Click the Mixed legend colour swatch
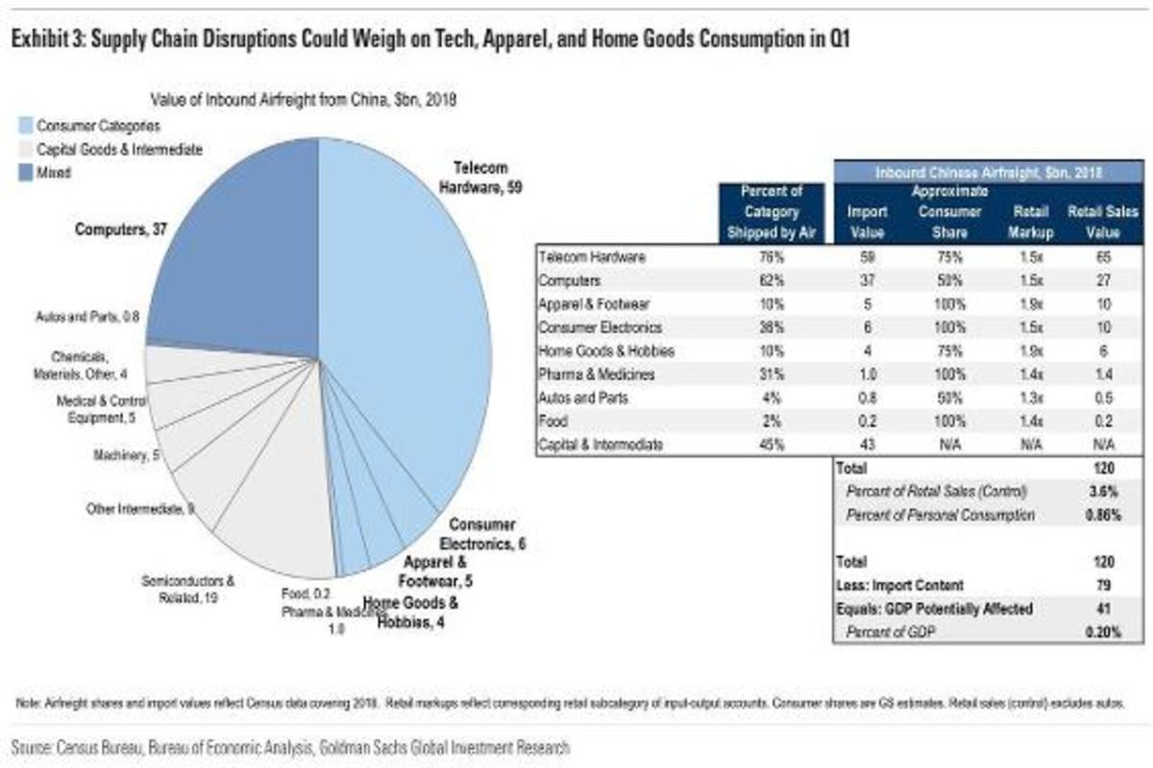tap(25, 173)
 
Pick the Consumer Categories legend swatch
tap(25, 126)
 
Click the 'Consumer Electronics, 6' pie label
tap(487, 534)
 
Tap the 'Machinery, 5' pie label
tap(125, 456)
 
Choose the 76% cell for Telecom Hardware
tap(772, 257)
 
